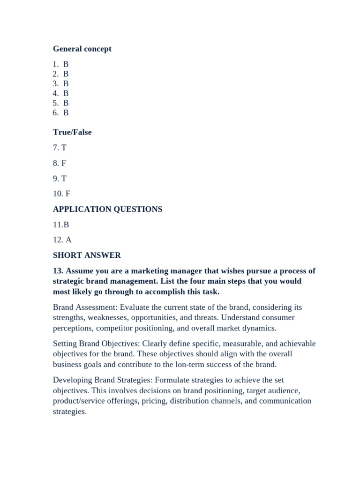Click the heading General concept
click(x=82, y=49)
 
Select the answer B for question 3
click(x=66, y=83)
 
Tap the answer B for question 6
click(x=66, y=112)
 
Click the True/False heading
click(x=72, y=132)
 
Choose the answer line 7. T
click(x=60, y=148)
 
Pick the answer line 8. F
click(x=60, y=163)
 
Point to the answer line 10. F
click(x=61, y=194)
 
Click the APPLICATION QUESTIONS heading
click(x=107, y=209)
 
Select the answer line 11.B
click(x=61, y=225)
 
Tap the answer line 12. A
click(x=62, y=240)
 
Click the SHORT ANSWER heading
click(x=87, y=255)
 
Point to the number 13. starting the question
click(x=58, y=271)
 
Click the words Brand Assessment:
click(x=85, y=307)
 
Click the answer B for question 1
click(x=66, y=64)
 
